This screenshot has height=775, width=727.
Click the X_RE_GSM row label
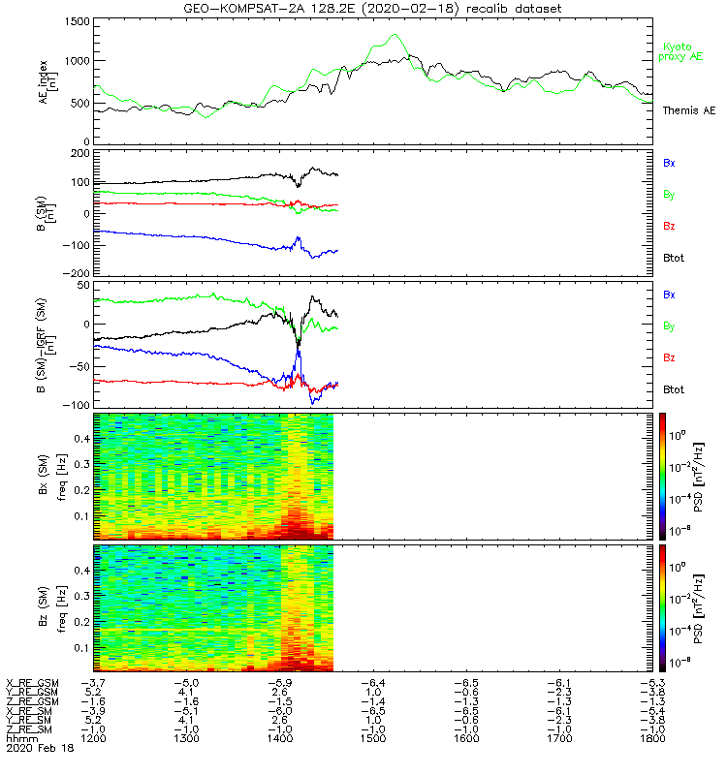tap(32, 683)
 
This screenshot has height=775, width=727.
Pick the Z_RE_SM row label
tap(32, 728)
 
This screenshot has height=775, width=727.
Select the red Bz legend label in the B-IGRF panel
tap(669, 358)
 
